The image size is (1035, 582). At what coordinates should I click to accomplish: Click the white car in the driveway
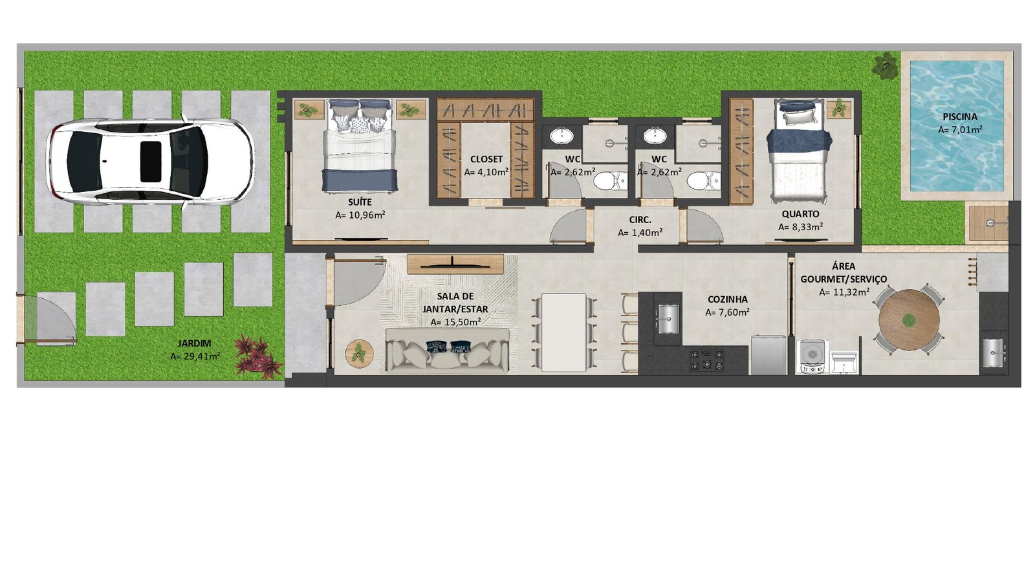coord(151,162)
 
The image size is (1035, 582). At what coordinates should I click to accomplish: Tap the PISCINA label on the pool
coord(960,117)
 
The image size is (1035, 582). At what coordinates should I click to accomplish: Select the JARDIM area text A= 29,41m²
coord(195,356)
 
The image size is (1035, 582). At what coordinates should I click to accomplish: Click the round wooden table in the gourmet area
coord(909,320)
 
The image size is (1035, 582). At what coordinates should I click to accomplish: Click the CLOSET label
coord(486,159)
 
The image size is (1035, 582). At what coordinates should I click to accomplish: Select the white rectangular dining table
coord(563,332)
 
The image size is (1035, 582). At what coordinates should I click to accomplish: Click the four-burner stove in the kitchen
coord(707,360)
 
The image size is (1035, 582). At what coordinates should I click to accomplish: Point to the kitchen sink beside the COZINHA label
coord(668,319)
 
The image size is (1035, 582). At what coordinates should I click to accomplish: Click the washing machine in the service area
coord(812,356)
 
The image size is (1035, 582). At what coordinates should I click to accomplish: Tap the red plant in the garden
coord(257,355)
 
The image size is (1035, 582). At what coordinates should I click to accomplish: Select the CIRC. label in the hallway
coord(640,221)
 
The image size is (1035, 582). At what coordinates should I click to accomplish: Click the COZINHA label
coord(727,300)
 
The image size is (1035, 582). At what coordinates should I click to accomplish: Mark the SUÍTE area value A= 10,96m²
coord(360,215)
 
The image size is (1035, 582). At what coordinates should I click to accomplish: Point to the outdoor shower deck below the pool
coord(988,223)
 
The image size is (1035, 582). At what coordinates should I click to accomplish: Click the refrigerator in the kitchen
coord(768,355)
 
